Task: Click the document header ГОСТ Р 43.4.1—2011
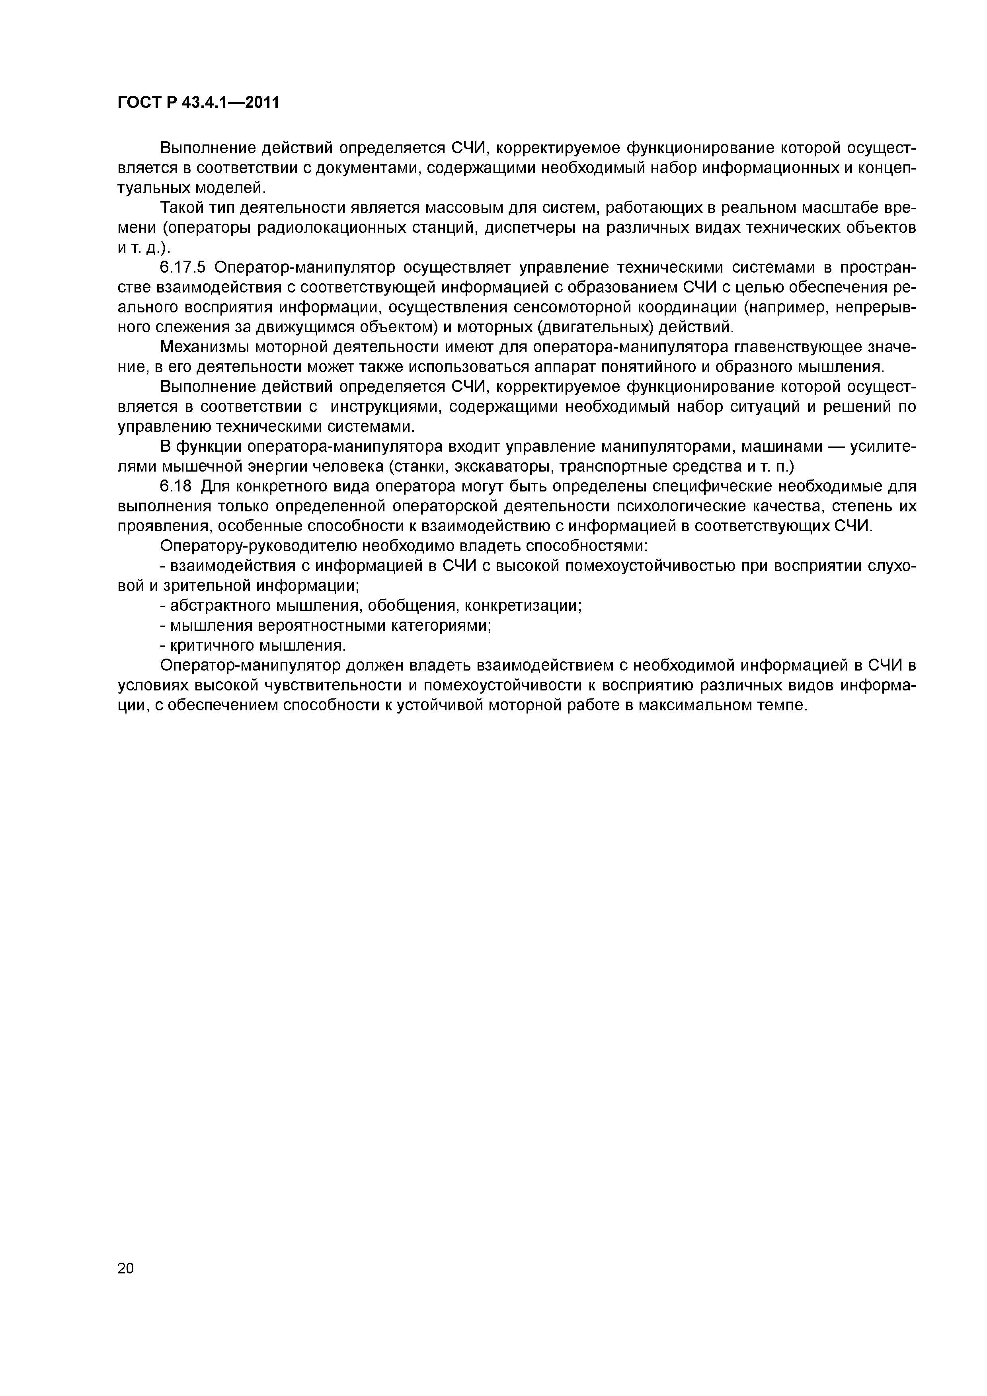pyautogui.click(x=198, y=103)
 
